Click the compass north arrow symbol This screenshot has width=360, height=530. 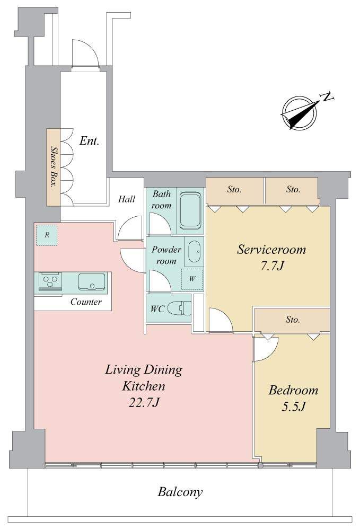pos(299,113)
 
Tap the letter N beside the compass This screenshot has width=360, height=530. pos(327,97)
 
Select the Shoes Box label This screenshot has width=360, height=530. pos(53,166)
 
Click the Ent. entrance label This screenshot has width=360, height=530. pos(89,140)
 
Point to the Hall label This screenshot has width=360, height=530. pos(126,199)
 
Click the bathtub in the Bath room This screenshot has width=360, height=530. pos(191,210)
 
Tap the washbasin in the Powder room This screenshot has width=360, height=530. pos(194,251)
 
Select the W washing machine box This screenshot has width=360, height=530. pos(192,279)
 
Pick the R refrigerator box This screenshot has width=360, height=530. pos(47,235)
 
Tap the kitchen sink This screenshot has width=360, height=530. pos(91,281)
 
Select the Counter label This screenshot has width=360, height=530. pos(86,302)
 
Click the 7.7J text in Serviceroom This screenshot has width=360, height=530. pos(271,267)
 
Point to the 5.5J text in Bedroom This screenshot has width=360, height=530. pos(293,407)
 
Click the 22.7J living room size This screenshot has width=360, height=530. pos(144,402)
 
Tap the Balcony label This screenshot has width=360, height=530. pos(180,492)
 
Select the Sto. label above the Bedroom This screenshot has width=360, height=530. pos(292,320)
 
